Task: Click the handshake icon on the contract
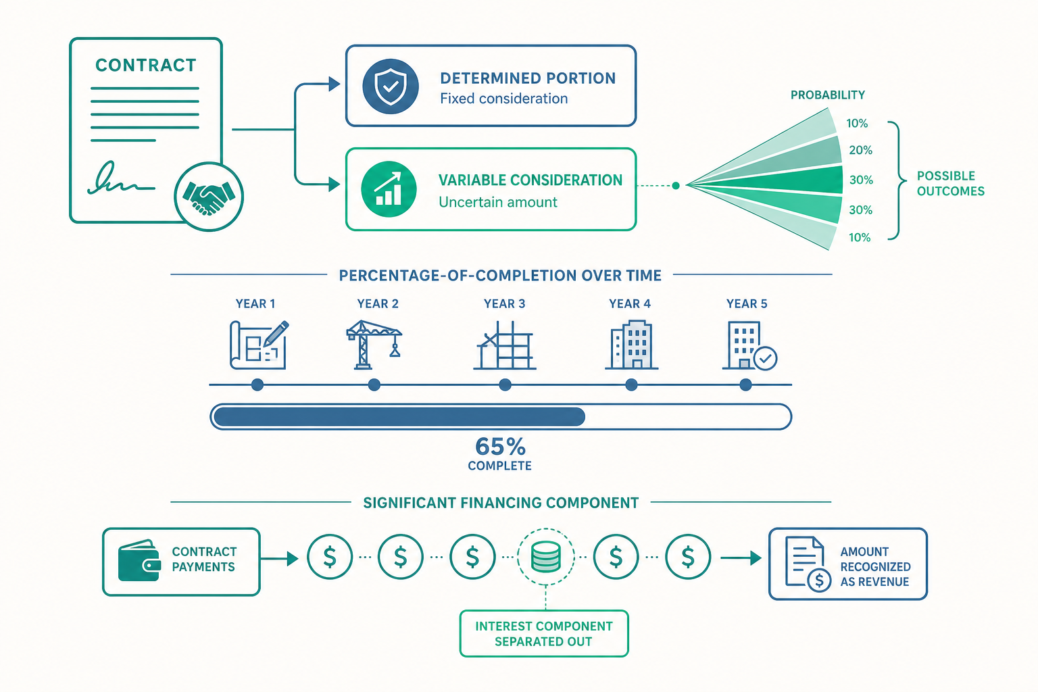tap(209, 197)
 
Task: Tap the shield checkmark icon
tap(390, 86)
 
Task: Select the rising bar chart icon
tap(389, 189)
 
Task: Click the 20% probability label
tap(860, 150)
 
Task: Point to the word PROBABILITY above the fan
tap(828, 95)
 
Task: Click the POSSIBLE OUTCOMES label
tap(950, 184)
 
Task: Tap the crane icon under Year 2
tap(374, 345)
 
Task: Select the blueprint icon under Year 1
tap(259, 345)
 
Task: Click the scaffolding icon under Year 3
tap(505, 345)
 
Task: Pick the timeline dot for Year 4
tap(631, 385)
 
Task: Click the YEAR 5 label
tap(747, 303)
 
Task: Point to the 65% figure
tap(501, 447)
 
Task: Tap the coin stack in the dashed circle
tap(546, 556)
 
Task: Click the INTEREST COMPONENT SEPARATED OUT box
tap(544, 634)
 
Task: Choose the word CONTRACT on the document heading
tap(145, 66)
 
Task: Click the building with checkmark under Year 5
tap(749, 345)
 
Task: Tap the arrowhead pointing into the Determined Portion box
tap(334, 84)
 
